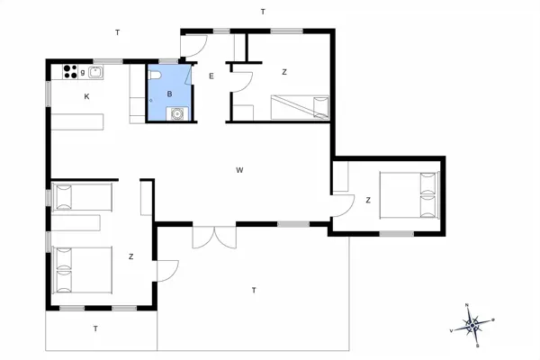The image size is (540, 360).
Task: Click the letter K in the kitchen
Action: point(87,96)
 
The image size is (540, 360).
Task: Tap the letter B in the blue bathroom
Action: point(169,94)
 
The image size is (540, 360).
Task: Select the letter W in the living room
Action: point(240,170)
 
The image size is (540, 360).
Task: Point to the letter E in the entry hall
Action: point(211,76)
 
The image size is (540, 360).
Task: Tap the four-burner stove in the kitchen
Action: point(70,71)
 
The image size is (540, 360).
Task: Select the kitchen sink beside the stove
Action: point(95,71)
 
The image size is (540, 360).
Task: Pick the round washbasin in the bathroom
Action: point(178,114)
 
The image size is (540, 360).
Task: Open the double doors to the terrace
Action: point(215,236)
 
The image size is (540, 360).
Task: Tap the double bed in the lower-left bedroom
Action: point(82,269)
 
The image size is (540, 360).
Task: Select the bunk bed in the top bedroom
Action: point(301,107)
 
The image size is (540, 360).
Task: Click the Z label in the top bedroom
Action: point(283,72)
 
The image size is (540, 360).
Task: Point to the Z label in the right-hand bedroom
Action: point(368,200)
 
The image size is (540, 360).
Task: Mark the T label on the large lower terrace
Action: point(255,290)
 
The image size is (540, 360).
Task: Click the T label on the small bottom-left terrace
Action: point(95,328)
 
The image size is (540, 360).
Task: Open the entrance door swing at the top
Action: point(195,42)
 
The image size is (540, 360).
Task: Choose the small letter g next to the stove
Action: point(83,71)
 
